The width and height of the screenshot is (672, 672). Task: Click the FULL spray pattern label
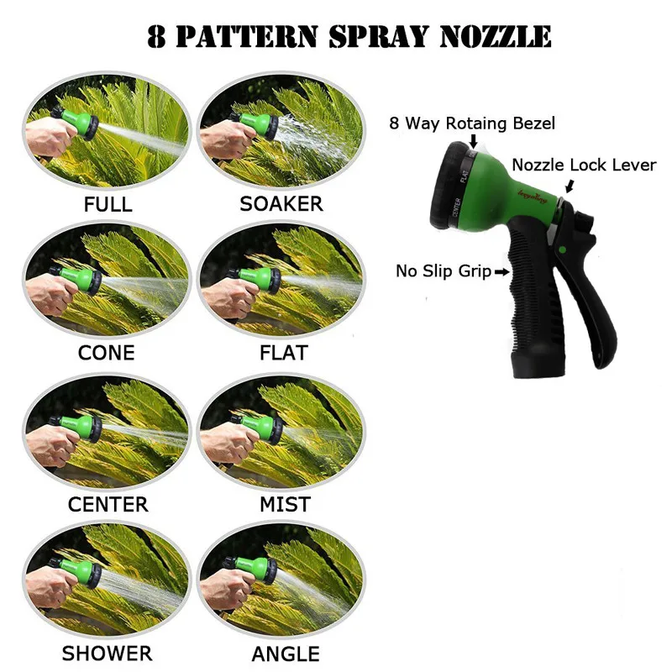click(x=108, y=204)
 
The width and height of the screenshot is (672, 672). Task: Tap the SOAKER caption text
click(x=281, y=204)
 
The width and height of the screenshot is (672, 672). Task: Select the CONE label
click(x=107, y=353)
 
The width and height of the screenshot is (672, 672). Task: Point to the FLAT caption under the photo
click(x=284, y=353)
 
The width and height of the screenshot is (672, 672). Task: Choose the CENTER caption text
click(x=108, y=505)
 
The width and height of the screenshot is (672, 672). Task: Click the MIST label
click(x=285, y=505)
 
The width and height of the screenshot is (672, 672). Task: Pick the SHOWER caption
click(x=108, y=654)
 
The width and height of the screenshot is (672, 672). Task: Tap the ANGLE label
click(x=286, y=654)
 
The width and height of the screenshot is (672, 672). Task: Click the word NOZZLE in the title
click(x=496, y=37)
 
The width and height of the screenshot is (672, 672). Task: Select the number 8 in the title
click(x=156, y=37)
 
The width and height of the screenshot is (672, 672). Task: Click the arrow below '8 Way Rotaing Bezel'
click(x=473, y=140)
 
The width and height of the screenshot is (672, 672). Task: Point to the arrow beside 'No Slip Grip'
click(x=501, y=271)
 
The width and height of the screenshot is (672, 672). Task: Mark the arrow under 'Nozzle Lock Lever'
click(x=570, y=186)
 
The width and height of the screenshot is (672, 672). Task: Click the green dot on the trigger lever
click(x=563, y=249)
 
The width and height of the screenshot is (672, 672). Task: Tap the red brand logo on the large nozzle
click(x=533, y=196)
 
